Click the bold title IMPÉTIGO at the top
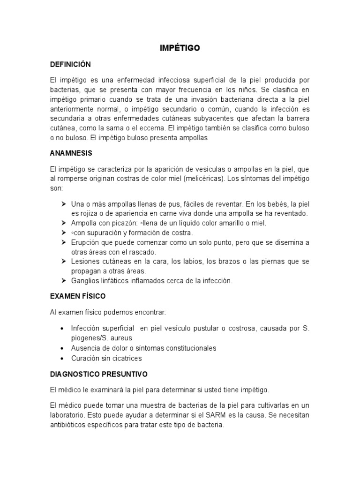[180, 48]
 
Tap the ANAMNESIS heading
[71, 153]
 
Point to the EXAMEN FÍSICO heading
[78, 296]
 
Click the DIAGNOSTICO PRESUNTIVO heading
[98, 374]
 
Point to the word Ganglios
[85, 281]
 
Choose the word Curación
[86, 358]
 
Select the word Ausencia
[86, 348]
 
